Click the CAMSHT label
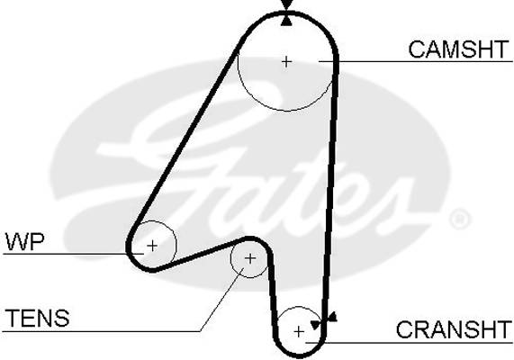(x=458, y=49)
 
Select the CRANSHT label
(x=454, y=329)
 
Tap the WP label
(x=24, y=241)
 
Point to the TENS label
(x=38, y=318)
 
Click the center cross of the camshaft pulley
(x=287, y=61)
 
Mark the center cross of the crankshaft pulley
(x=299, y=332)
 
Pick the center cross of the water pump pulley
(x=152, y=246)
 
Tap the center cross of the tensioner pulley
(x=250, y=258)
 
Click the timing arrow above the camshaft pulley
(x=287, y=4)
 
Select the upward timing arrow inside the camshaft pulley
(x=287, y=21)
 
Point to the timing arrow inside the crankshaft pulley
(x=316, y=325)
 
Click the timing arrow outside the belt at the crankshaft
(x=332, y=317)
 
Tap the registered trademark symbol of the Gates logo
(x=460, y=218)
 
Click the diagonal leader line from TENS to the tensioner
(x=222, y=299)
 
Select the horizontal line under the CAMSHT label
(x=416, y=61)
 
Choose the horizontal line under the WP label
(x=74, y=254)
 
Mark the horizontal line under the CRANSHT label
(x=409, y=343)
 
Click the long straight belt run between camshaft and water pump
(x=187, y=138)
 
